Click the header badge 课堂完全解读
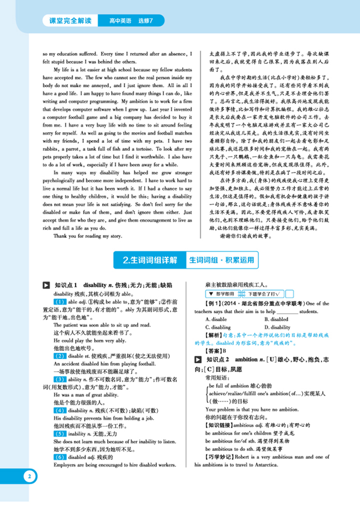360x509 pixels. (70, 21)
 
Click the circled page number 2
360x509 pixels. (30, 476)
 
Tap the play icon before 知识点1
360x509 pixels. (47, 285)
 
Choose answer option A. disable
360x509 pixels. (216, 319)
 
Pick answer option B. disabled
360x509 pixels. (276, 319)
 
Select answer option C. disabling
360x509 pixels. (218, 327)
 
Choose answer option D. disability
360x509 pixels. (277, 327)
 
